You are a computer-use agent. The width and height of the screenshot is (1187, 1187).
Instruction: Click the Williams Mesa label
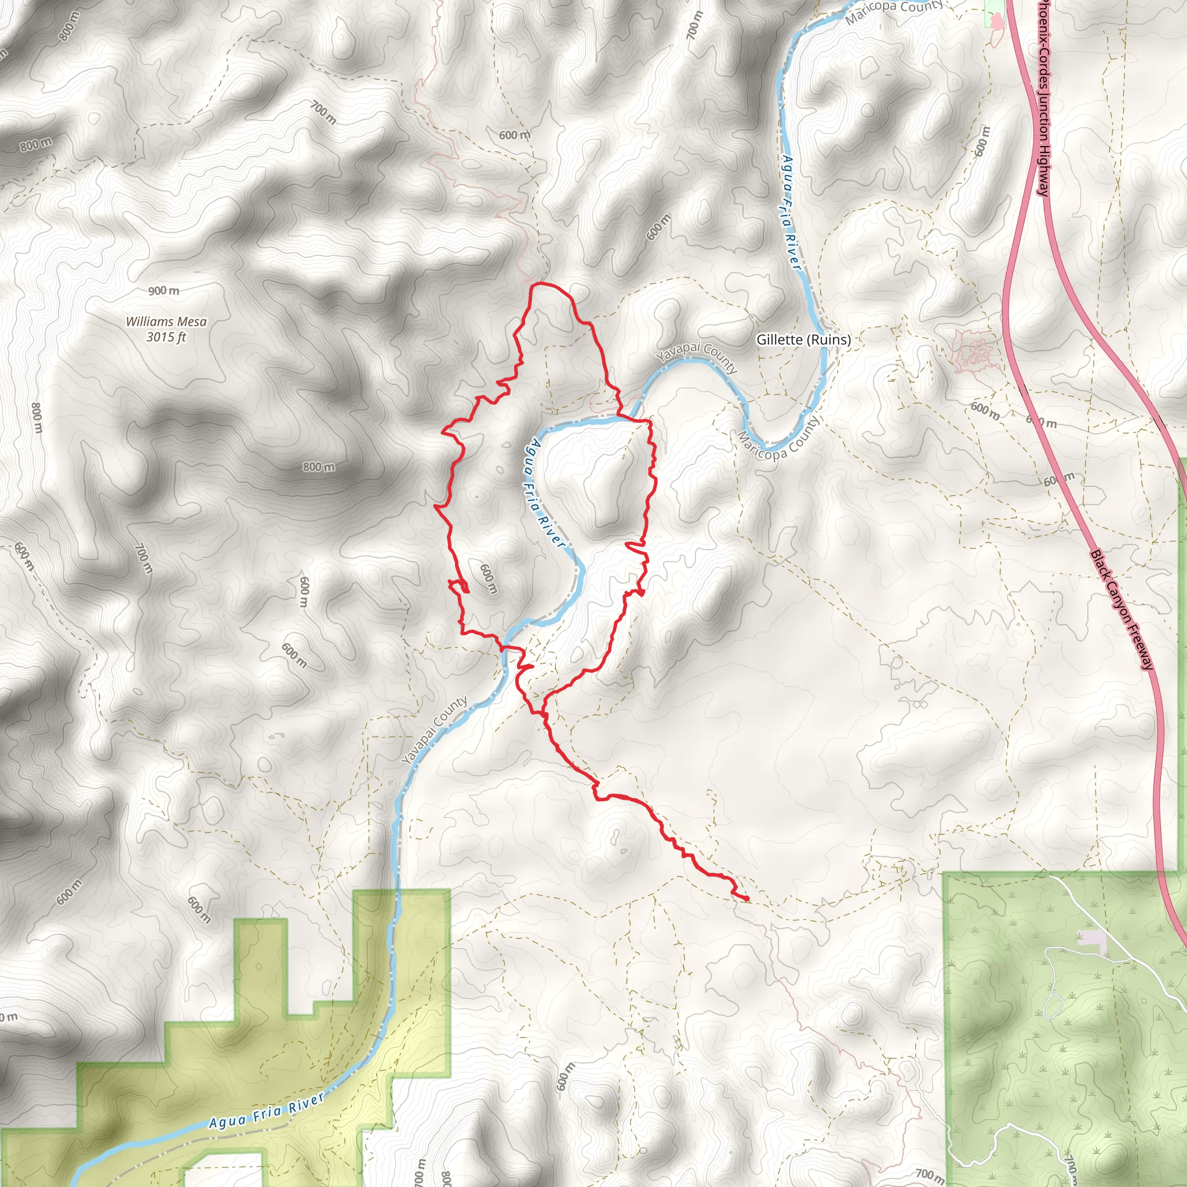166,321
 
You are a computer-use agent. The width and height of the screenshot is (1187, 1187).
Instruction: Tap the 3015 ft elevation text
166,337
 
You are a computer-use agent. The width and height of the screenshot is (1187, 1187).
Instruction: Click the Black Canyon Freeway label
1122,610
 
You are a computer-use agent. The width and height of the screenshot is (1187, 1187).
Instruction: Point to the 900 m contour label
163,290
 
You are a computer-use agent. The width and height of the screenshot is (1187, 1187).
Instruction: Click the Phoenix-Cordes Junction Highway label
1044,99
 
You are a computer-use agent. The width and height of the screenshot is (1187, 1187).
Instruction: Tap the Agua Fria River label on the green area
266,1112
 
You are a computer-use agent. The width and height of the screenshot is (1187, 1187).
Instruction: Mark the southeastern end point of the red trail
747,899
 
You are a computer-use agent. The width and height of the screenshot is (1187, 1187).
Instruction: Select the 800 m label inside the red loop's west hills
319,467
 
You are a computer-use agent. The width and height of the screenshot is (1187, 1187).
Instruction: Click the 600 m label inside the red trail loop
488,579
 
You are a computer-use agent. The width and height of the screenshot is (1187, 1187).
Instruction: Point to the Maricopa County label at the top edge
894,12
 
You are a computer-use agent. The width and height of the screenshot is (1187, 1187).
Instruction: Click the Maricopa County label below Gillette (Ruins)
778,439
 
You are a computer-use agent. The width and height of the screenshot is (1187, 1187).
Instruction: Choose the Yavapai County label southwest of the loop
434,730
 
